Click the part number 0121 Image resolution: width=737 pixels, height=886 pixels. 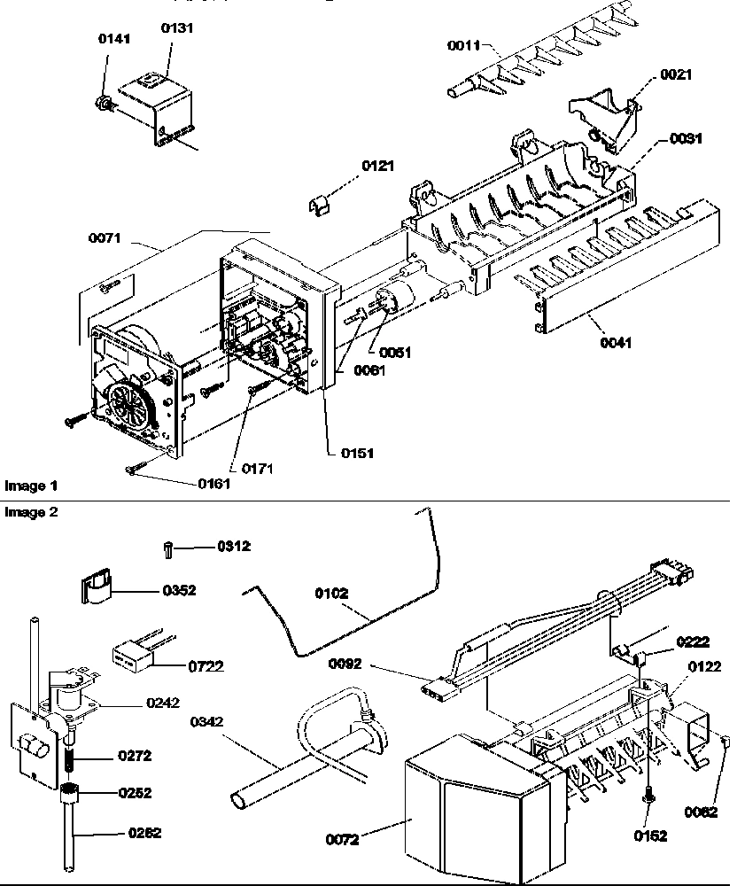pyautogui.click(x=377, y=167)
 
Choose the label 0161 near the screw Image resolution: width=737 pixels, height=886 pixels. pyautogui.click(x=213, y=483)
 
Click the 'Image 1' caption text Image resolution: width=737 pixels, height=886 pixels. pyautogui.click(x=31, y=486)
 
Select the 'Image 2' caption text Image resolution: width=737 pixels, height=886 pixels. pyautogui.click(x=31, y=512)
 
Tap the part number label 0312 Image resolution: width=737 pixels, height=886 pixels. pyautogui.click(x=234, y=547)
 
